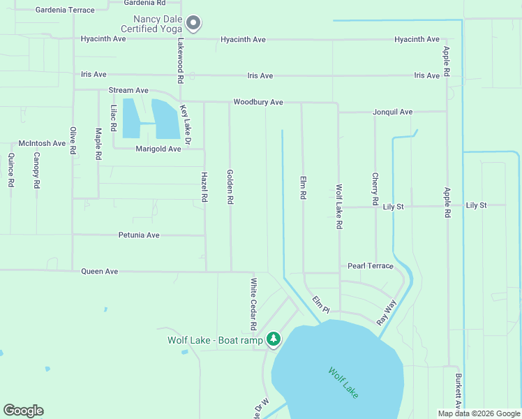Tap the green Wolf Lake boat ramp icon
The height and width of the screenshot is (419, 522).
tap(274, 340)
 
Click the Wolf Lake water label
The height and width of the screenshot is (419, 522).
tap(343, 383)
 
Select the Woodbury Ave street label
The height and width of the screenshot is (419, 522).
tap(258, 102)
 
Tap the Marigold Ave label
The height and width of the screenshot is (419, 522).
tap(158, 149)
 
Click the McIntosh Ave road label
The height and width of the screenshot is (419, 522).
tap(42, 143)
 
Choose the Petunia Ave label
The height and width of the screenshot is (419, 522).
tap(139, 235)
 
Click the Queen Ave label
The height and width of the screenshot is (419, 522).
tap(100, 271)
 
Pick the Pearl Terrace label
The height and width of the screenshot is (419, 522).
tap(371, 266)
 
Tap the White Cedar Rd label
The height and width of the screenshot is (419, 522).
tap(254, 304)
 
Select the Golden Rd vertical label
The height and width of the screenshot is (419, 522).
tap(230, 186)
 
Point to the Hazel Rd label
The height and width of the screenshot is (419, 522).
tap(204, 187)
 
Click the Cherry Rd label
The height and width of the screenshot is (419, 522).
tap(375, 189)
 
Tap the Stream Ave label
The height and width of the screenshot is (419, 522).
tap(128, 91)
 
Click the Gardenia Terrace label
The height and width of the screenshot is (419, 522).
tap(65, 10)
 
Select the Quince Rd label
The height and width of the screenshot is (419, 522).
tap(11, 170)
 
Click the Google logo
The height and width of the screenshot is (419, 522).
tap(23, 411)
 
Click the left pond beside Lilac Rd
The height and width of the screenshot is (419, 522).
tap(130, 118)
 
